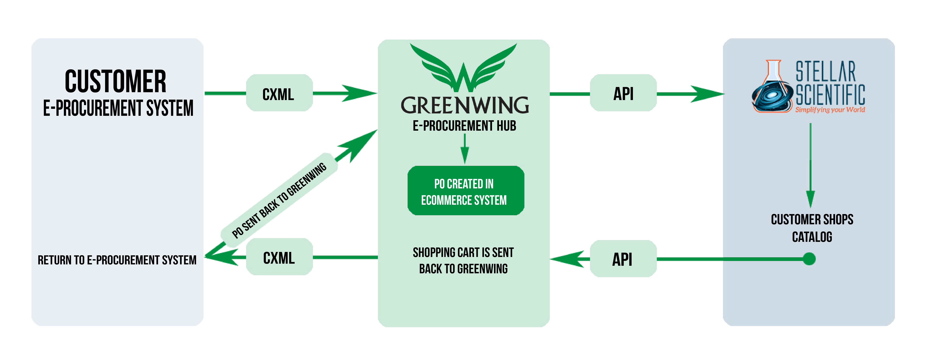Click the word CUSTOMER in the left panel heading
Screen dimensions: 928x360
(115, 82)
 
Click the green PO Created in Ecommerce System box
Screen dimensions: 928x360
(465, 191)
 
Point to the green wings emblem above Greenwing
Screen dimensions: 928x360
(464, 67)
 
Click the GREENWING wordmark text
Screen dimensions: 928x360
(465, 105)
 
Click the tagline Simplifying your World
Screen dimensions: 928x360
(830, 110)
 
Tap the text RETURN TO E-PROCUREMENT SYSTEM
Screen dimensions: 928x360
(117, 260)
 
